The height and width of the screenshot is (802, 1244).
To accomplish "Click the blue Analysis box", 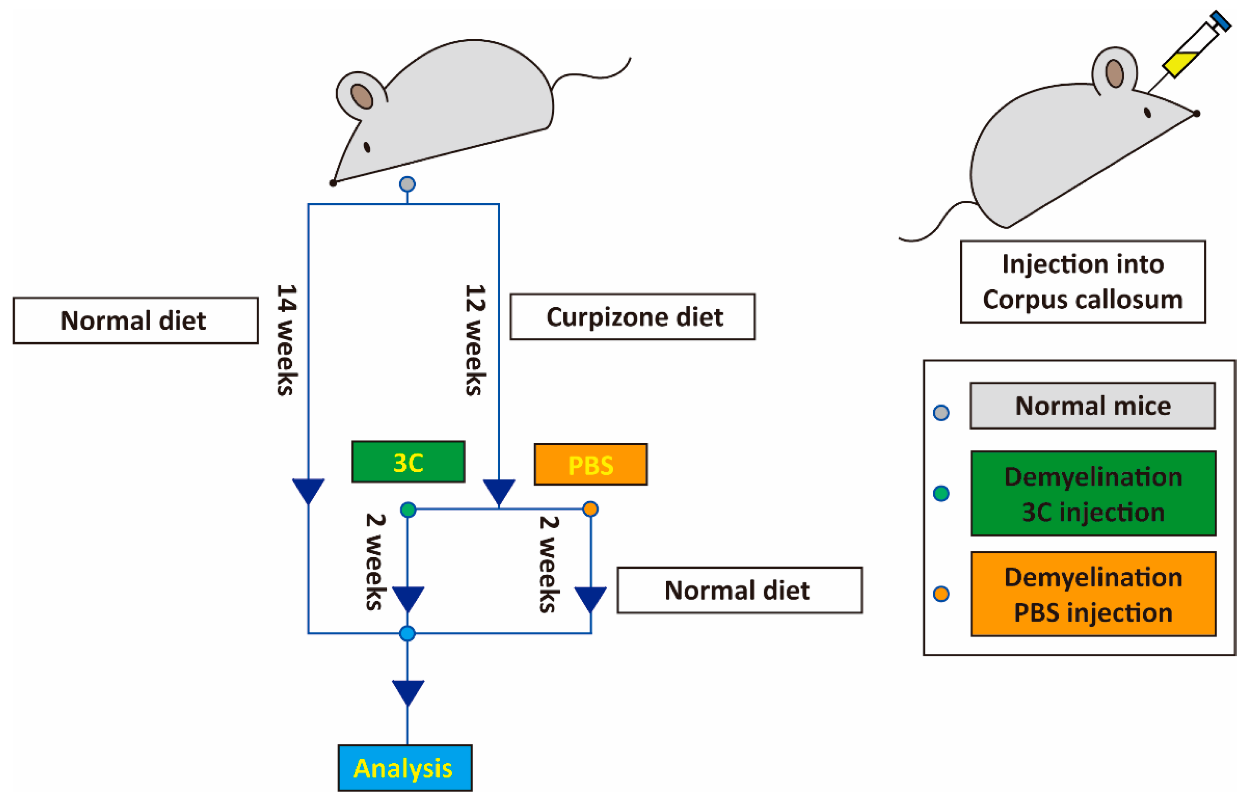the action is pos(405,768).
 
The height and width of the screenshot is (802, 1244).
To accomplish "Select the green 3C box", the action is pos(408,462).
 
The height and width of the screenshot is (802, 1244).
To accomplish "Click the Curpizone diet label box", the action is pos(632,317).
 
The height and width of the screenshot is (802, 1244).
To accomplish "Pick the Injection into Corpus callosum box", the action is pos(1083,282).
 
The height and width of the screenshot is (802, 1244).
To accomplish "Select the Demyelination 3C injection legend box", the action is pos(1093,493).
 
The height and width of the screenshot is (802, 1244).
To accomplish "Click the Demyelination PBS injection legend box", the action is pos(1093,594).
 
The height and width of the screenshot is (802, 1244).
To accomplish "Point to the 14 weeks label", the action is pos(286,340).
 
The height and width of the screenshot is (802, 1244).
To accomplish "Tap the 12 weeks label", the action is pos(475,340).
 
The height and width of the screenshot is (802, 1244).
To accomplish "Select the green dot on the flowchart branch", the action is pos(408,509).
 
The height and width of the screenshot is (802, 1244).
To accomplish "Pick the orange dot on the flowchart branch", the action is pos(590,509).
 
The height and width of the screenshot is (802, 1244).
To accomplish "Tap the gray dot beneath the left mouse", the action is pos(407,184).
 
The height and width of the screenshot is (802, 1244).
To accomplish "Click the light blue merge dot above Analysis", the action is pos(407,633).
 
